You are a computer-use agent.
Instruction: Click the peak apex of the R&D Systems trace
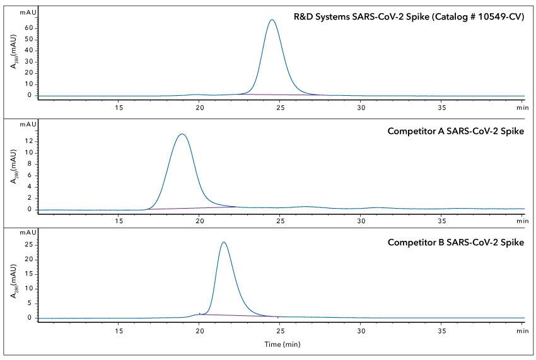click(x=272, y=20)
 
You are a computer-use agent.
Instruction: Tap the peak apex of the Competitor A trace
click(x=182, y=134)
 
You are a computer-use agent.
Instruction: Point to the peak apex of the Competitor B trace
click(x=223, y=242)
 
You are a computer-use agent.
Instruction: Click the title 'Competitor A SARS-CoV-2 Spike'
click(x=456, y=132)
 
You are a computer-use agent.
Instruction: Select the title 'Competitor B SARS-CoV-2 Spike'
click(x=456, y=242)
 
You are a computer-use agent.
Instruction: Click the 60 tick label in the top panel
click(x=28, y=28)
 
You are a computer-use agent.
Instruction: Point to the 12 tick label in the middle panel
click(x=28, y=141)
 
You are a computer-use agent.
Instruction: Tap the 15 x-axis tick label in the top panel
click(x=119, y=108)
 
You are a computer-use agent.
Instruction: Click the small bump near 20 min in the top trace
click(x=197, y=95)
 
